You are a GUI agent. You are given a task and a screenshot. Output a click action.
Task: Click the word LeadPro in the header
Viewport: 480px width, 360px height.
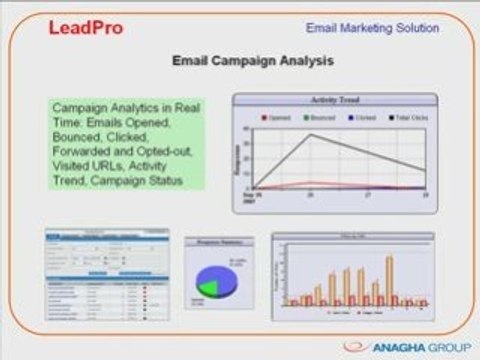(86, 27)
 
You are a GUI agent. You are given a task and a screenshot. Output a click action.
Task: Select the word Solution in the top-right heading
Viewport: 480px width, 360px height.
(413, 28)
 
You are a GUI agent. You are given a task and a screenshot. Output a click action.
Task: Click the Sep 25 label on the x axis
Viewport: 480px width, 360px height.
(248, 198)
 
